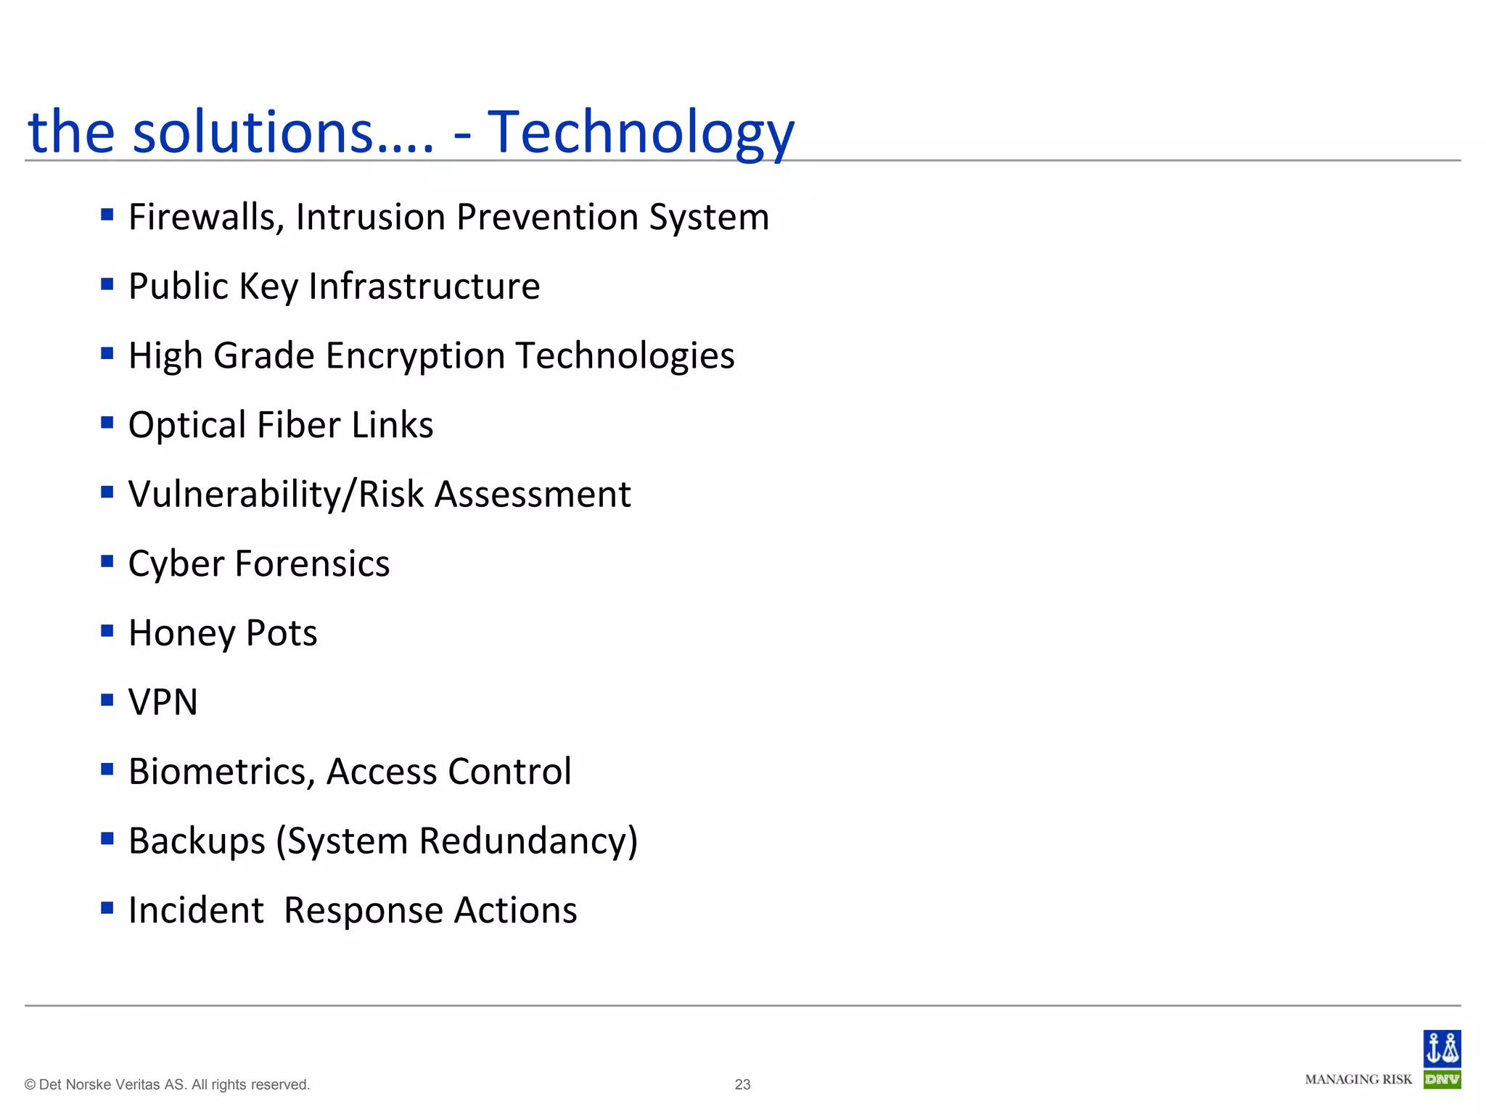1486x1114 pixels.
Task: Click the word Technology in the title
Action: pyautogui.click(x=641, y=133)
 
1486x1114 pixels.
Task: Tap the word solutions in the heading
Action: pyautogui.click(x=254, y=133)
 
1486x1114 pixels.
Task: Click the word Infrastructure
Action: pyautogui.click(x=424, y=286)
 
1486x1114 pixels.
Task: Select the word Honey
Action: pyautogui.click(x=182, y=633)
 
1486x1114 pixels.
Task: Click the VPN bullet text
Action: pyautogui.click(x=163, y=702)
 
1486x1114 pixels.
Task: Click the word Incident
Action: pyautogui.click(x=196, y=910)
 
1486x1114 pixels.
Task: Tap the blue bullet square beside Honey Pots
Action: pyautogui.click(x=107, y=630)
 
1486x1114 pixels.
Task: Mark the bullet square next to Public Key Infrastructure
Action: pyautogui.click(x=107, y=284)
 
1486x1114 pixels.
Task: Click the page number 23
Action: pyautogui.click(x=742, y=1084)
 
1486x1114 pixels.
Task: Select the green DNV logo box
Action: pyautogui.click(x=1442, y=1080)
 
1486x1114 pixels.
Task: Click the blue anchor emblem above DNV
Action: pyautogui.click(x=1442, y=1049)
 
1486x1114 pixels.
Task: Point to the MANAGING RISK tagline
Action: pyautogui.click(x=1358, y=1080)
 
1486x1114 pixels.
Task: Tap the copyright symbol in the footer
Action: pyautogui.click(x=30, y=1085)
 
